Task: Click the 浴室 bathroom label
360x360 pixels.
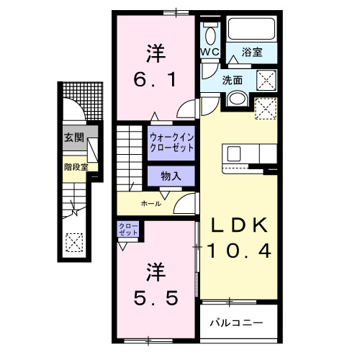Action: tap(252, 53)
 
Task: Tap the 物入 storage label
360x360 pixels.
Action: tap(171, 175)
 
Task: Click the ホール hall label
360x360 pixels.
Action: tap(150, 204)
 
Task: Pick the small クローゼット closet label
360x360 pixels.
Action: tap(129, 230)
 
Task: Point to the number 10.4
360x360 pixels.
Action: tap(241, 251)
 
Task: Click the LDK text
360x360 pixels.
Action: tap(241, 225)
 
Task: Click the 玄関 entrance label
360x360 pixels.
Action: tap(72, 138)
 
